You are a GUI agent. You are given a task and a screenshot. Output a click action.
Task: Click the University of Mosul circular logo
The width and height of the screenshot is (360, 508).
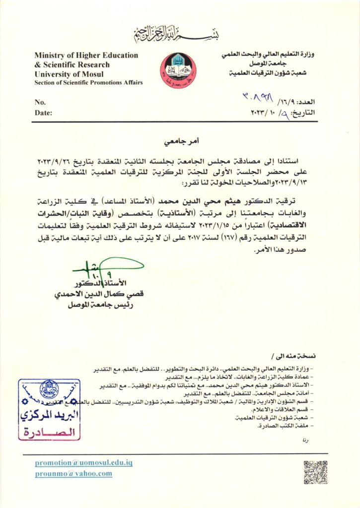pos(177,70)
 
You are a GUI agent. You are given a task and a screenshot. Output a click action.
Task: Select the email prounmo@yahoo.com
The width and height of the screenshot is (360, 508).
pos(73,474)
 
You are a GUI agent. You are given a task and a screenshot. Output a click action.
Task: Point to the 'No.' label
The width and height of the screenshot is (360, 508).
pos(40,102)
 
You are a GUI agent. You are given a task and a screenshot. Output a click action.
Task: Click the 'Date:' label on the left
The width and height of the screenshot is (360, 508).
pos(43,113)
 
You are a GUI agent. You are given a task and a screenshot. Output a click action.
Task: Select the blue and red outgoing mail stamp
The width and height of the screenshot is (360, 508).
pos(49,409)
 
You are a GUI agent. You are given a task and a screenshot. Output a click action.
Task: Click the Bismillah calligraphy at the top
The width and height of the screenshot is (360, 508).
pos(180,34)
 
